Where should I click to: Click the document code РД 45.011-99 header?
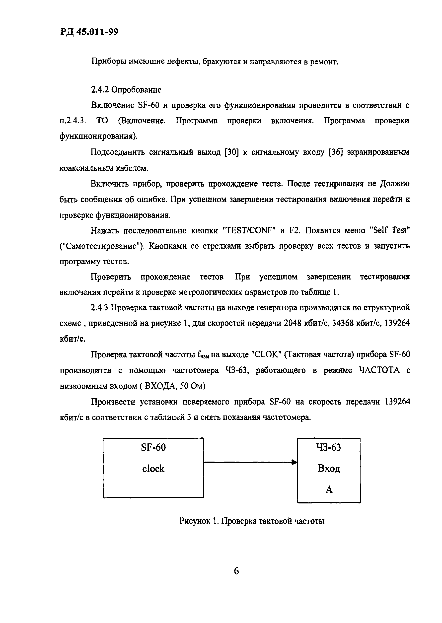pyautogui.click(x=89, y=32)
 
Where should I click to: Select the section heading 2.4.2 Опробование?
pyautogui.click(x=126, y=89)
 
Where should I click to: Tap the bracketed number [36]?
pyautogui.click(x=335, y=152)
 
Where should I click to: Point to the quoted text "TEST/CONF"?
pyautogui.click(x=249, y=230)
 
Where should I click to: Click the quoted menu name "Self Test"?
pyautogui.click(x=390, y=230)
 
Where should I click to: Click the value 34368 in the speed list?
pyautogui.click(x=344, y=323)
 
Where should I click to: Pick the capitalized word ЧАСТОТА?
pyautogui.click(x=379, y=370)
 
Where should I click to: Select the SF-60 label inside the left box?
pyautogui.click(x=153, y=448)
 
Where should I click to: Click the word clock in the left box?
pyautogui.click(x=153, y=469)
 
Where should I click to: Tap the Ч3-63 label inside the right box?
pyautogui.click(x=328, y=448)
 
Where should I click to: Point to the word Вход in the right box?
pyautogui.click(x=329, y=469)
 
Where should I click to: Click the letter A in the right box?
pyautogui.click(x=329, y=490)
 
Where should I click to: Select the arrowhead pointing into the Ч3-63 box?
pyautogui.click(x=294, y=462)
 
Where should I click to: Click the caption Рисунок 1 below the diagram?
pyautogui.click(x=199, y=521)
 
